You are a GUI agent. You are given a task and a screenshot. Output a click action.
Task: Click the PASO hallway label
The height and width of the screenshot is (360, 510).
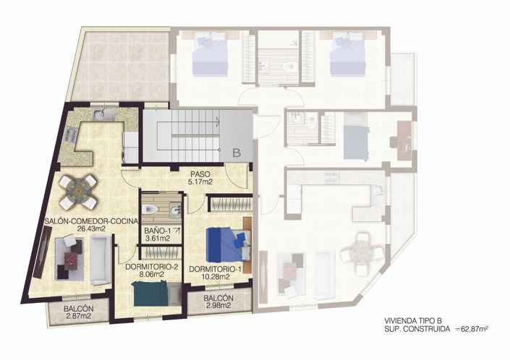(x=200, y=174)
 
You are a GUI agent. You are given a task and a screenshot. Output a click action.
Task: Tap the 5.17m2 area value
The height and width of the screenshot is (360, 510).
(x=200, y=182)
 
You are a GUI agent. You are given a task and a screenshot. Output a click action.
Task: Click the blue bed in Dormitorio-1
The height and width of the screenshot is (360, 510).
(x=225, y=244)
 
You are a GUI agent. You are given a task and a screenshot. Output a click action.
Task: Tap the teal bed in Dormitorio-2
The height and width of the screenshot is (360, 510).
(x=151, y=293)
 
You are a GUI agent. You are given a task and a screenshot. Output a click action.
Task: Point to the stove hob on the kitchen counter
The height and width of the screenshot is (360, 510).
(x=71, y=134)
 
